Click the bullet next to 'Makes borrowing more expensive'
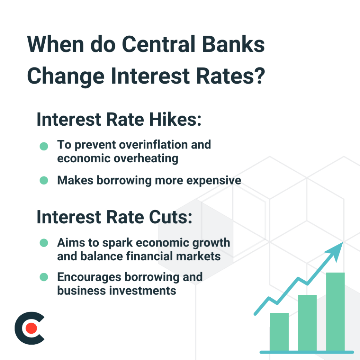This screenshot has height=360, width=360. [44, 180]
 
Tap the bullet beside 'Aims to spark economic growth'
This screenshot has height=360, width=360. [44, 243]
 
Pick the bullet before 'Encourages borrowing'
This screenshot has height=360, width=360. [44, 277]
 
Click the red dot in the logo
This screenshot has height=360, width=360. [31, 328]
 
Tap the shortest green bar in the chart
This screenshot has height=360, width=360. [279, 331]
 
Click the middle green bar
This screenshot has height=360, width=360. [307, 322]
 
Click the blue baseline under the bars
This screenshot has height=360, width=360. [307, 352]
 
